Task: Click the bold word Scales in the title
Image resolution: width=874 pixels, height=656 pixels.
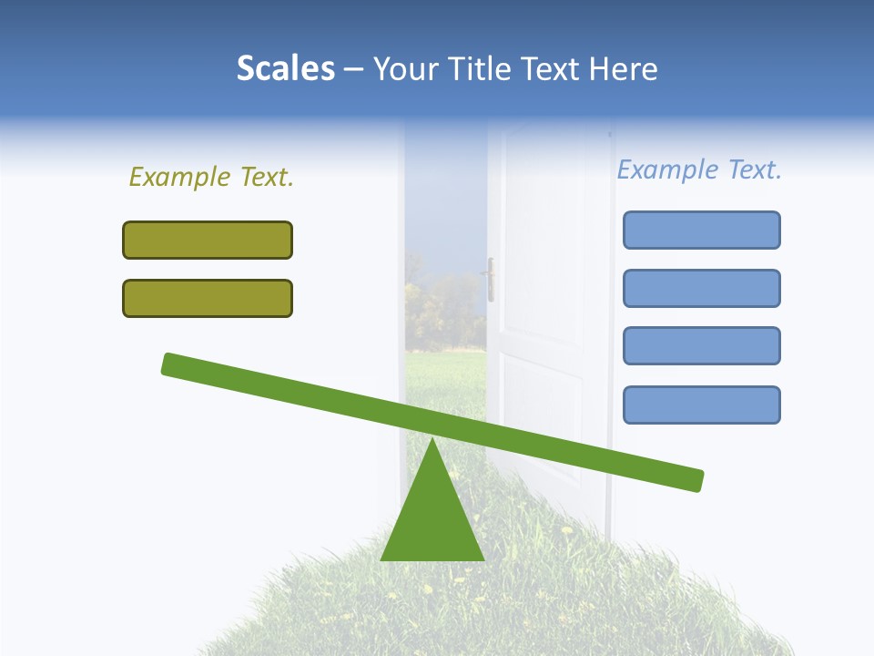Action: (x=286, y=68)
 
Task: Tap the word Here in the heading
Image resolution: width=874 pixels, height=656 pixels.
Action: (x=623, y=68)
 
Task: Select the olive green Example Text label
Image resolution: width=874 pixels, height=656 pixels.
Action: (x=211, y=177)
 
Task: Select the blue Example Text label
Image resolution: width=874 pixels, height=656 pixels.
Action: (x=699, y=169)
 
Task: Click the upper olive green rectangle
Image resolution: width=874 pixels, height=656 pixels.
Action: (x=208, y=240)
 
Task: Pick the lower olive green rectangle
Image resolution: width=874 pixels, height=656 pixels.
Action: (x=208, y=298)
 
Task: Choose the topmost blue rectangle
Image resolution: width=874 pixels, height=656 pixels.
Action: (x=701, y=230)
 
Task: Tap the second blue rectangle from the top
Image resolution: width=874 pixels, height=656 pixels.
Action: (x=701, y=288)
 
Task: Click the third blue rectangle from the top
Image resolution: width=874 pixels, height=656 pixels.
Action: (x=701, y=345)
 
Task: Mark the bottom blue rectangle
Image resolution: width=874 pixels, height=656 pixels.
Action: (x=701, y=405)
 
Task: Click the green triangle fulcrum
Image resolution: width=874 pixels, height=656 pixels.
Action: (x=432, y=519)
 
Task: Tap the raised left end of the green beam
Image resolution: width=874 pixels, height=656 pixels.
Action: (x=173, y=364)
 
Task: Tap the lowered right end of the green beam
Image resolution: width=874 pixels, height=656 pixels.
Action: (x=692, y=480)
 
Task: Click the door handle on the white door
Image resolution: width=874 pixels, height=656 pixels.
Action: (x=491, y=278)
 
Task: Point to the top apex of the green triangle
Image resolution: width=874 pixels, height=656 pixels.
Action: (x=432, y=441)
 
